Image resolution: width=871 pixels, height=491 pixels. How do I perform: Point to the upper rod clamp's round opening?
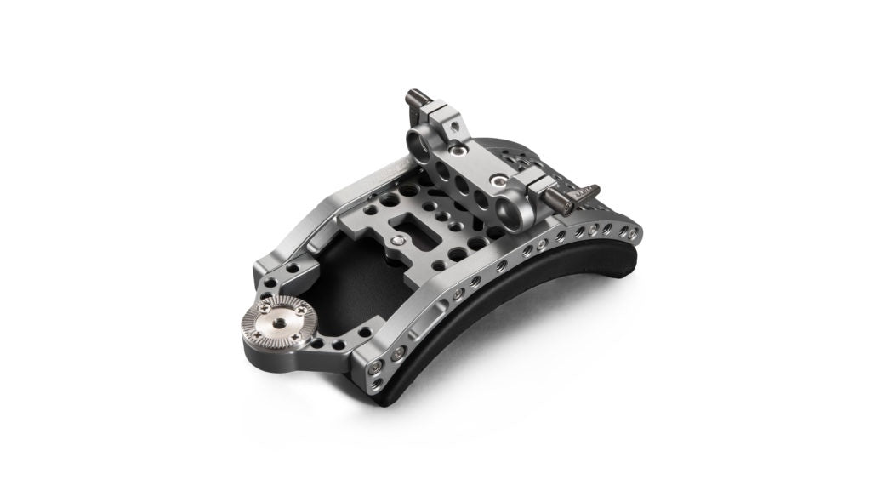[x=420, y=138]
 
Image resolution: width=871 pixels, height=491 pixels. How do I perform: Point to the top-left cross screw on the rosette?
[x=255, y=314]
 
